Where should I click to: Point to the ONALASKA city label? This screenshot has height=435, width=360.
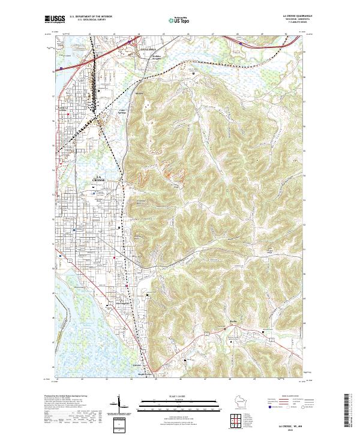[147, 46]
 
